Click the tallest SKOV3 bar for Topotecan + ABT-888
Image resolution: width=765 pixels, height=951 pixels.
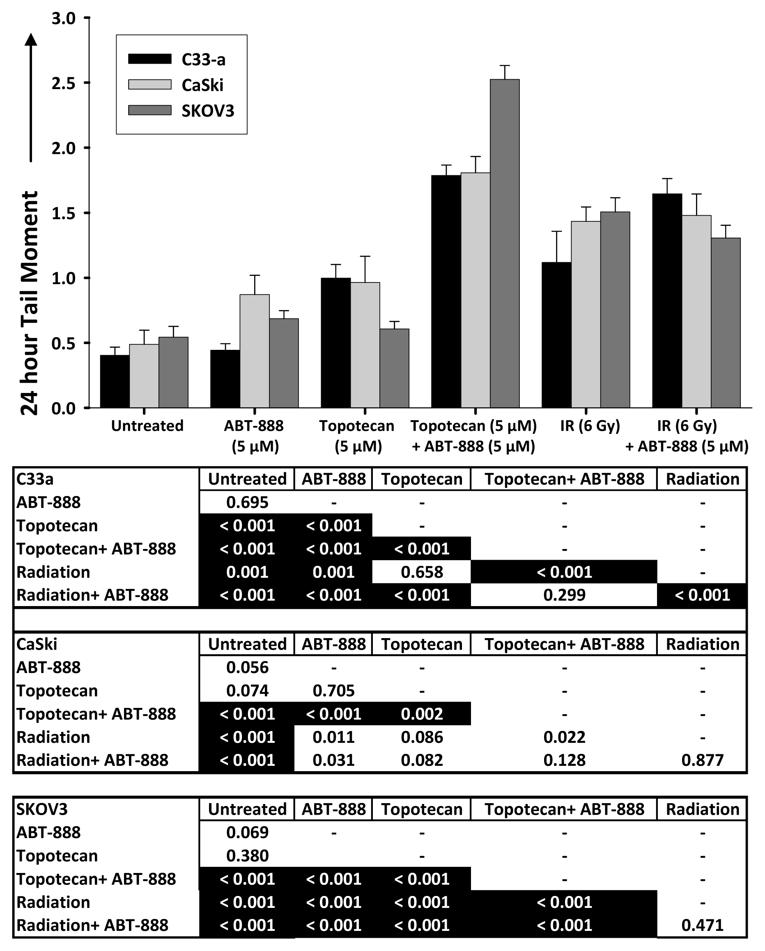point(504,243)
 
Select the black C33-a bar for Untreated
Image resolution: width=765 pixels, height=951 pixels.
point(115,381)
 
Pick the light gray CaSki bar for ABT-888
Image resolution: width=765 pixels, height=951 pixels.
point(255,351)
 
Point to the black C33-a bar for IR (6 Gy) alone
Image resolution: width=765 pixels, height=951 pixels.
point(556,335)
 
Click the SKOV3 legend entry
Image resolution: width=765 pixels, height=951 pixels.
point(181,110)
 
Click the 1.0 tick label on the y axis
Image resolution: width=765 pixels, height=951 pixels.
point(64,278)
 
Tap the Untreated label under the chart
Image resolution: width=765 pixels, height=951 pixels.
point(147,426)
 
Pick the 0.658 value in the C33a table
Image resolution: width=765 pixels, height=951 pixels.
point(421,572)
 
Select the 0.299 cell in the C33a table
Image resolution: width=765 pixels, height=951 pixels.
point(564,595)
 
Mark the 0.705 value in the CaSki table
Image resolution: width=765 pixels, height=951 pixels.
point(333,690)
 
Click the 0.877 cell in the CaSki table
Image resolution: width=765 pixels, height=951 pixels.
point(702,760)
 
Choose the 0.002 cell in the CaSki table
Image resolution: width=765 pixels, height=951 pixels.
point(421,714)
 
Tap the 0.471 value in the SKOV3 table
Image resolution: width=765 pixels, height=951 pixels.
point(702,925)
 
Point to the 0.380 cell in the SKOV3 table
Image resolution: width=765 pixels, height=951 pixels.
point(247,856)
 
